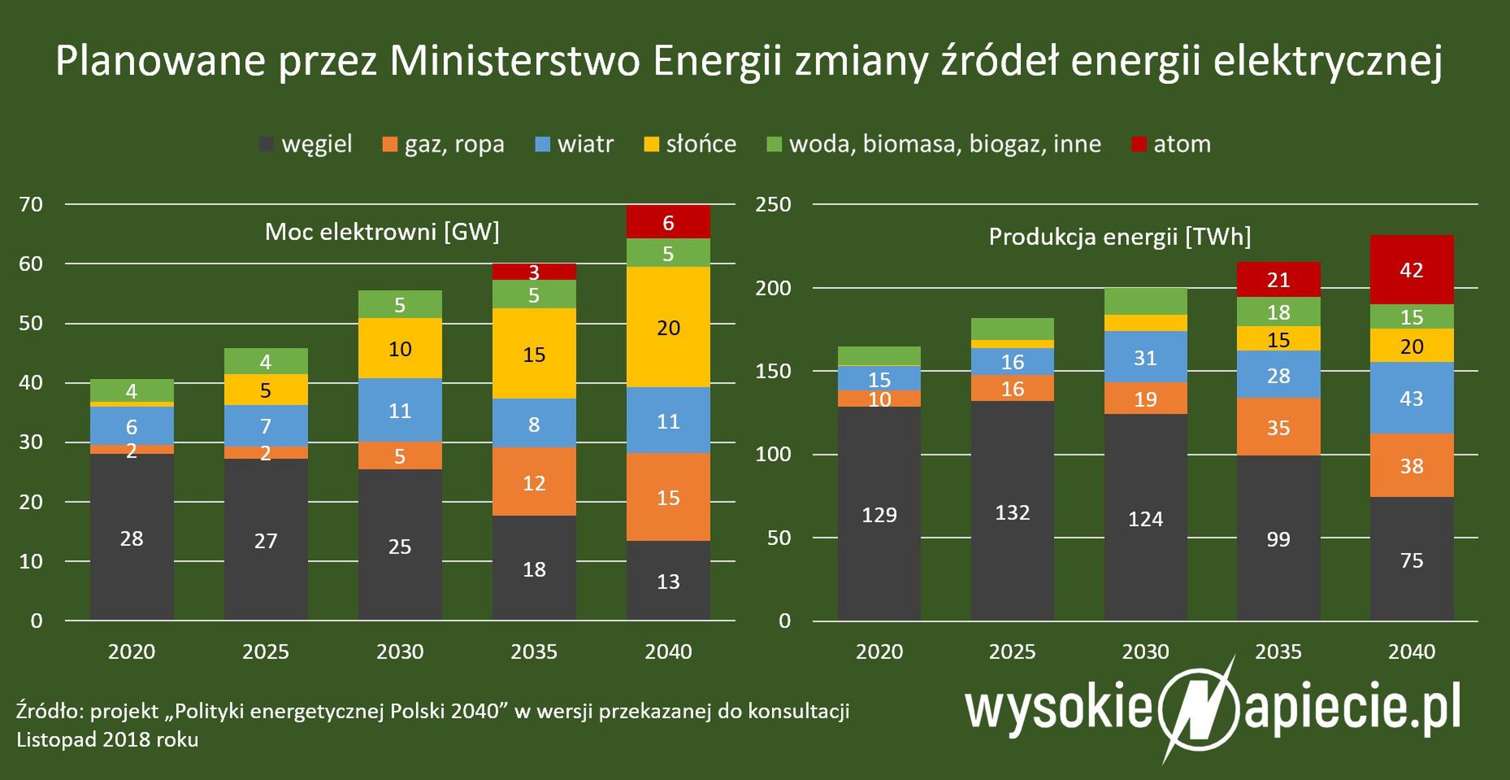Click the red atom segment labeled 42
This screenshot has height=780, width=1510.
[1412, 270]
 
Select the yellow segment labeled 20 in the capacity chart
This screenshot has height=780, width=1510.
[668, 328]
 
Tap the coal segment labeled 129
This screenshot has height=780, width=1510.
[879, 514]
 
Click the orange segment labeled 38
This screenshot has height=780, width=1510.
[1412, 465]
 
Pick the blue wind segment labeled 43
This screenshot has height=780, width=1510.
[1412, 398]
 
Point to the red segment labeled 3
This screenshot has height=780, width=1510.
[534, 272]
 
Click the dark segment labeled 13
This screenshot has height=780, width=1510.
[668, 581]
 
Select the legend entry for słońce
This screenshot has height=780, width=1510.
[690, 145]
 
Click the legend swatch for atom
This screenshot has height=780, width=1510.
[1139, 145]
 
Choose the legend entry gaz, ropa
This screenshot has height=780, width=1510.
[443, 145]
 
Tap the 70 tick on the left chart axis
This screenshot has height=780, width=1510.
[31, 204]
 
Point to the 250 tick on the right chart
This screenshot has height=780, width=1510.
[773, 204]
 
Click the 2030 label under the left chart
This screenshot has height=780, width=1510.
[400, 651]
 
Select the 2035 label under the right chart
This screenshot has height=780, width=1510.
[1278, 651]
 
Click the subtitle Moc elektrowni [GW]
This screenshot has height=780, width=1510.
[382, 232]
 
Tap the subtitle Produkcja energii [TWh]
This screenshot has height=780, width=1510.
[1120, 237]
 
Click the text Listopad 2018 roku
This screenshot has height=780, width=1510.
[107, 739]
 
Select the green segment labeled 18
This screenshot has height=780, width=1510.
[1278, 312]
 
